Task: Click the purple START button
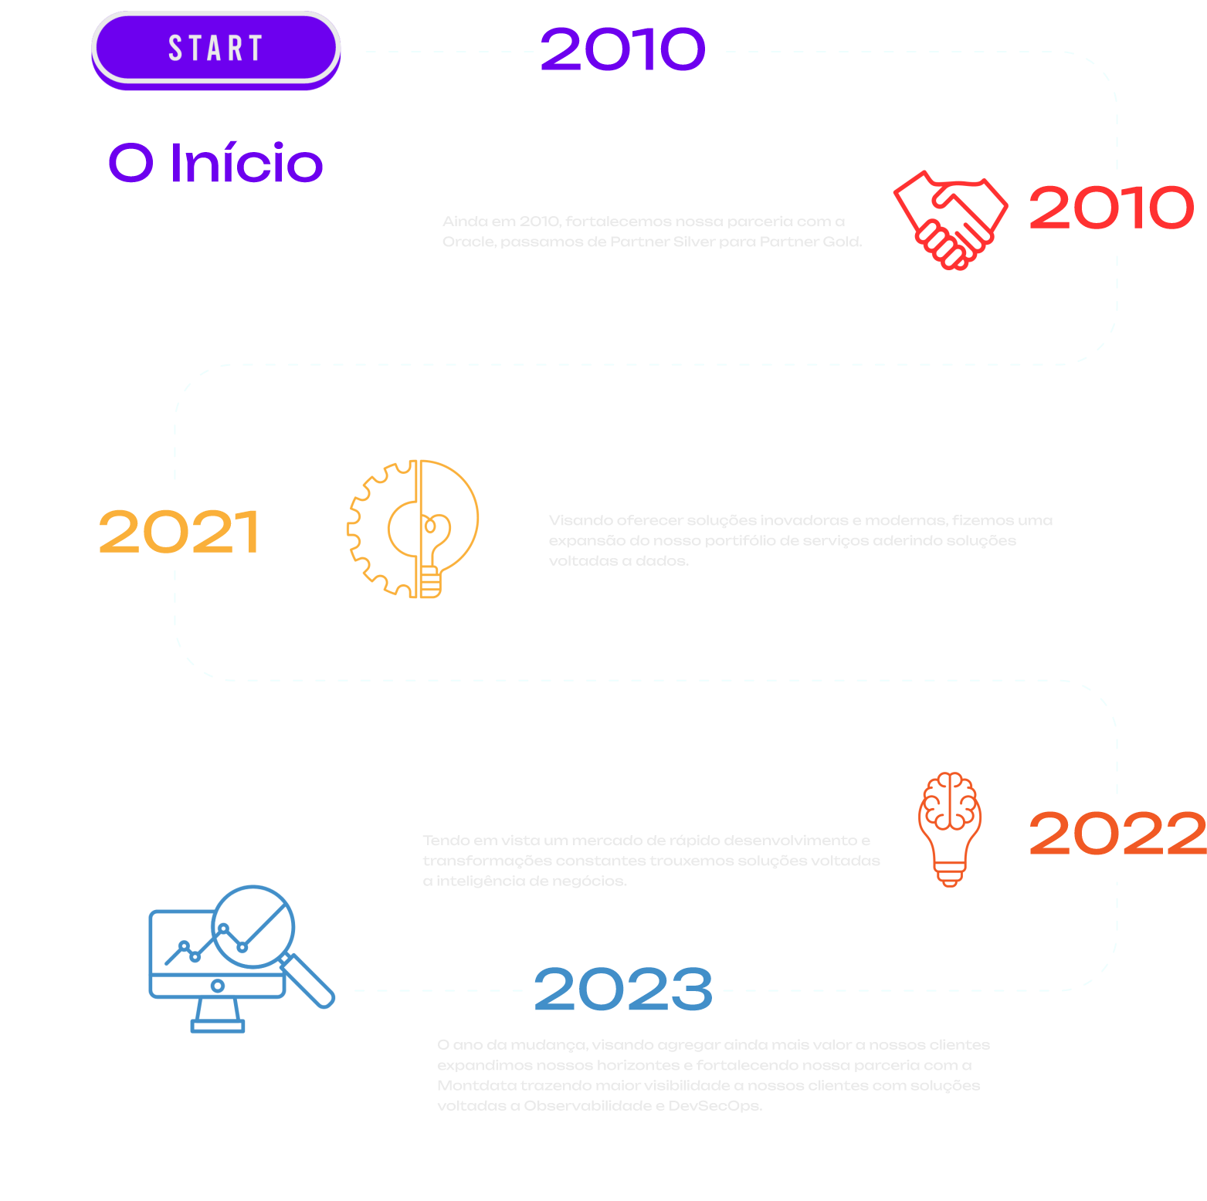(x=215, y=49)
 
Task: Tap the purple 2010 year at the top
(x=622, y=49)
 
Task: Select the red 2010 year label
(x=1110, y=208)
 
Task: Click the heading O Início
(x=215, y=163)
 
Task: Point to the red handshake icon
(x=950, y=220)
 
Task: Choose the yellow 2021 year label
(x=179, y=532)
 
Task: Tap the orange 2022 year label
(x=1117, y=834)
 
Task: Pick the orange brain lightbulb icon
(x=950, y=828)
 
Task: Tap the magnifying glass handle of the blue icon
(x=311, y=982)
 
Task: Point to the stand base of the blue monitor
(x=218, y=1026)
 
